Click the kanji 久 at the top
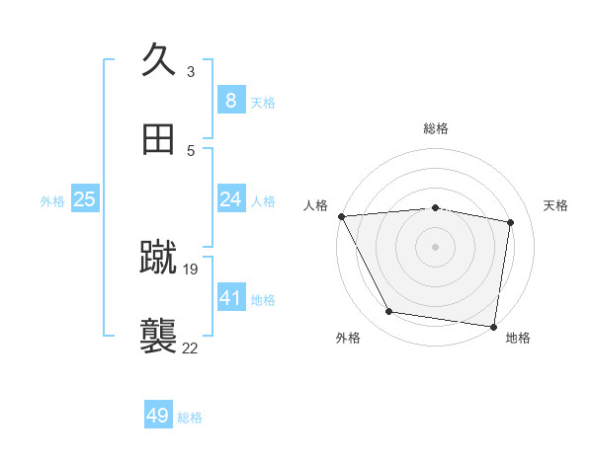point(159,59)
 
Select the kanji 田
point(159,140)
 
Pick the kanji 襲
point(159,336)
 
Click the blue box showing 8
point(230,101)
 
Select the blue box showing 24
point(230,199)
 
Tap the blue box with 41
point(230,298)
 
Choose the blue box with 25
point(85,199)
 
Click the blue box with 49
point(158,417)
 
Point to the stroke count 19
point(192,269)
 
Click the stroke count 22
point(191,348)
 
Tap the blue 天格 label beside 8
point(263,102)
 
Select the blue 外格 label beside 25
point(52,200)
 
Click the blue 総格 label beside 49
point(190,418)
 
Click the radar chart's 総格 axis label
point(436,128)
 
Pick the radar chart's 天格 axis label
point(556,205)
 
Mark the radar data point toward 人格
point(341,216)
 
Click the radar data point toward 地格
point(494,326)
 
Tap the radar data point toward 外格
point(389,312)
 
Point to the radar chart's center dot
point(436,246)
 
